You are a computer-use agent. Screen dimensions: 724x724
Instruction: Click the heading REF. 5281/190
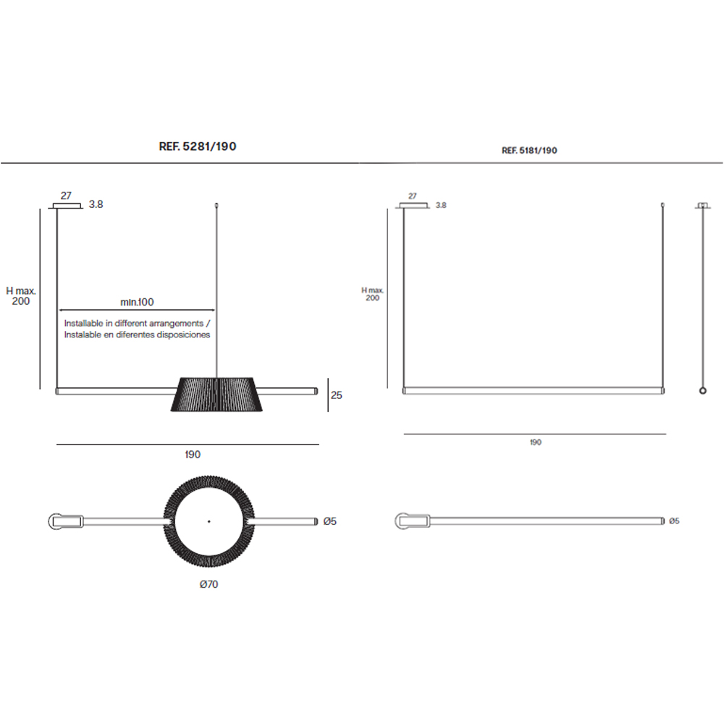tap(198, 146)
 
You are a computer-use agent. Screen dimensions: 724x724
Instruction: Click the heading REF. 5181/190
tap(529, 151)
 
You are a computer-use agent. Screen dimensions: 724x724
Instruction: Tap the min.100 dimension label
tap(137, 302)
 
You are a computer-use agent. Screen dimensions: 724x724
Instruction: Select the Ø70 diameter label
tap(209, 584)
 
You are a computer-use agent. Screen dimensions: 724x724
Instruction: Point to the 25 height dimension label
tap(336, 395)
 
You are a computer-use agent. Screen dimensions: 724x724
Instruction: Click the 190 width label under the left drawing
tap(193, 455)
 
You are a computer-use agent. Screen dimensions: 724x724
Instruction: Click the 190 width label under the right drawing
tap(536, 442)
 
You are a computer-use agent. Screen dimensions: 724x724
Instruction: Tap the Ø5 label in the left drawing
tap(329, 521)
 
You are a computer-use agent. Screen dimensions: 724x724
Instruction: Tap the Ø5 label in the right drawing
tap(674, 521)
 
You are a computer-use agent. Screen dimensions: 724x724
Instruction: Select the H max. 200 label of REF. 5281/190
tap(21, 296)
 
